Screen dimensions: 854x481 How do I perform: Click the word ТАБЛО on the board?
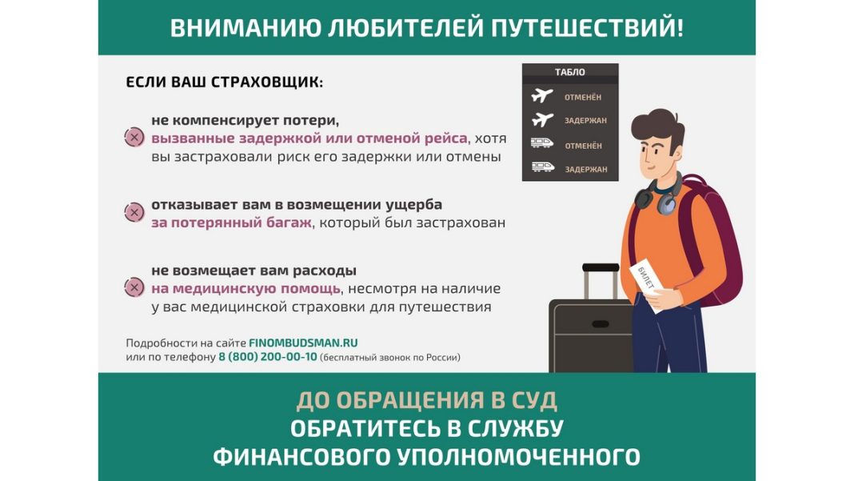(569, 72)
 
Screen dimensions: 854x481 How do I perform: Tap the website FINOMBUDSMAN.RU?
(303, 343)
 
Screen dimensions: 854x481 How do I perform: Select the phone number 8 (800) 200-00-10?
(267, 357)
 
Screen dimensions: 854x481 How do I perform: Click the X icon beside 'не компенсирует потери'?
(134, 138)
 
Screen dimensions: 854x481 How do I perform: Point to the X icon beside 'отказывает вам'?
(134, 212)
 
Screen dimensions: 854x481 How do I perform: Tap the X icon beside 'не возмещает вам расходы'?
(134, 287)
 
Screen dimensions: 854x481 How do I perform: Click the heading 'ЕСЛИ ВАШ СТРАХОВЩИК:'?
(225, 82)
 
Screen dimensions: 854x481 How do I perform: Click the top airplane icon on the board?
(541, 96)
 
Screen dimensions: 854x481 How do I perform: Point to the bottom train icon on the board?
(542, 167)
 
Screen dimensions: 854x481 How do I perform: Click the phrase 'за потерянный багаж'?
(231, 223)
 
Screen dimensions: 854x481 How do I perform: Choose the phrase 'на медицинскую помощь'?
(246, 289)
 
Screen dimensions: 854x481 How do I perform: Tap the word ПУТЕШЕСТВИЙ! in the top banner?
(587, 28)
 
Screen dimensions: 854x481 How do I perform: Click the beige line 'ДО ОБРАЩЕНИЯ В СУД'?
(427, 401)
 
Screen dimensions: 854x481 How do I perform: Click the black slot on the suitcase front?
(601, 324)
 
